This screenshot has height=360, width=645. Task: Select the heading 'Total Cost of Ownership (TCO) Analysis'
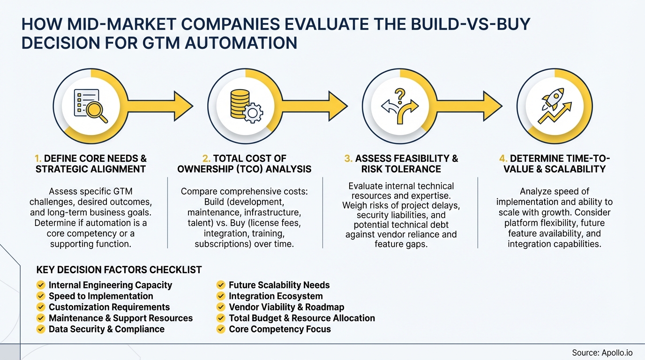244,164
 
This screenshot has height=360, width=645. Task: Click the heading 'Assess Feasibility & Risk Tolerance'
401,164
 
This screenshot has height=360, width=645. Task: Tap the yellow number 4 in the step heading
503,158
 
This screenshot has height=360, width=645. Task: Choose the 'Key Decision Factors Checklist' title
119,270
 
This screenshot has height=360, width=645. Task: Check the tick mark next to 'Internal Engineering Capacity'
41,285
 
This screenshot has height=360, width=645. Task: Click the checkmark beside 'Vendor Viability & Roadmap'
221,307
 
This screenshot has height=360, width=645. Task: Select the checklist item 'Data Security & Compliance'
106,329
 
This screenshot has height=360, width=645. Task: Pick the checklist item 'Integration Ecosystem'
276,296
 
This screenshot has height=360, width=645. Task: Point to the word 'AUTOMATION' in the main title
241,43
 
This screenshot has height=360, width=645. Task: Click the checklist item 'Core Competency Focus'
279,329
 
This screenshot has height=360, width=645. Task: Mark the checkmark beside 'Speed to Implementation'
41,296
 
